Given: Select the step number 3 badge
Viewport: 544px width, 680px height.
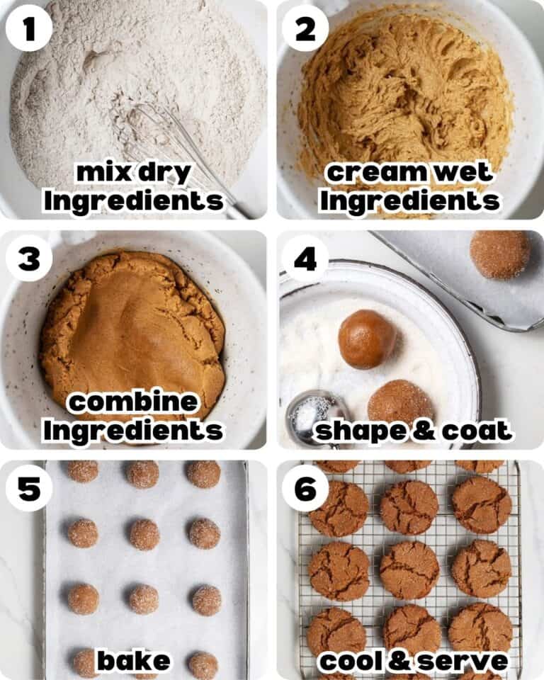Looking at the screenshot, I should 29,259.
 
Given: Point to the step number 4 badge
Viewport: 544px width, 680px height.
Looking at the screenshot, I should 305,259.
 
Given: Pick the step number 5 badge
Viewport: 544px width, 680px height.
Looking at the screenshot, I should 29,489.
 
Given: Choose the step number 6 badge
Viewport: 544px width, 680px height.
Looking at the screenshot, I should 305,489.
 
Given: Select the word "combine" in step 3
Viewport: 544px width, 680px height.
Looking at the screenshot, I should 133,402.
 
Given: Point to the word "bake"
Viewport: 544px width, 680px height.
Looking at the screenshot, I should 133,661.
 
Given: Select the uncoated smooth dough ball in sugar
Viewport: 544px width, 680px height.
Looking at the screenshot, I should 366,339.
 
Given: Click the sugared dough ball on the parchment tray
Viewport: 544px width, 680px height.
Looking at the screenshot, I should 500,254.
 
